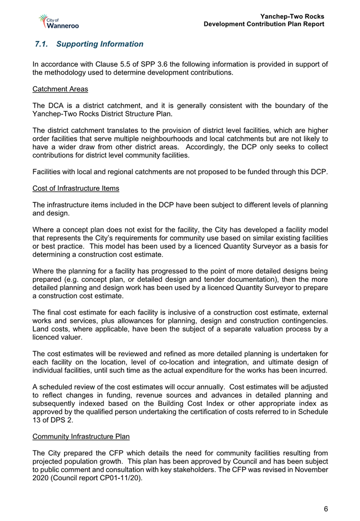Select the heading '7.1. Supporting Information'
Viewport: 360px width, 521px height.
[90, 44]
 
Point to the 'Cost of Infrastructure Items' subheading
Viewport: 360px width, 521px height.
[75, 188]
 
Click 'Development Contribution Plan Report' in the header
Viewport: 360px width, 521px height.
[264, 24]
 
